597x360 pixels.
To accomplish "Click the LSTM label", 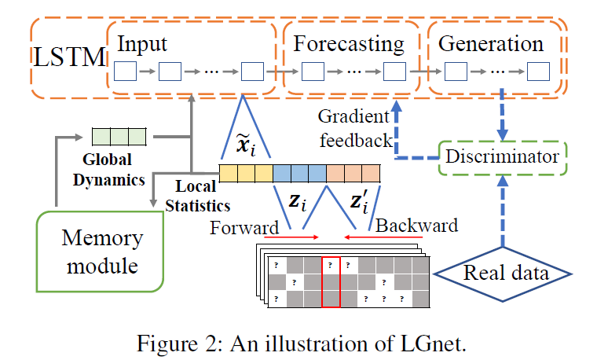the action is (x=69, y=57).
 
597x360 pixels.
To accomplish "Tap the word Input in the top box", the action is (x=142, y=44).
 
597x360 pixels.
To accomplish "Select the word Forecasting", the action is (x=348, y=45).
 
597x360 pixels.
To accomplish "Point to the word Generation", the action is (x=491, y=43).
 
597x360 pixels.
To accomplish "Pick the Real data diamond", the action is (x=503, y=274).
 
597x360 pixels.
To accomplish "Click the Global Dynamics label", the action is (x=108, y=170).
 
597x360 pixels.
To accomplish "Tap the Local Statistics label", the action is (x=198, y=196).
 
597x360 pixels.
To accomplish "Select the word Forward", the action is (x=244, y=228).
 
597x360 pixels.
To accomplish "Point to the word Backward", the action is (x=416, y=226).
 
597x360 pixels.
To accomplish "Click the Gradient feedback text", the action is (x=355, y=128).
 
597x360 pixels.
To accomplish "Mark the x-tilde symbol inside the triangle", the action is (x=246, y=145).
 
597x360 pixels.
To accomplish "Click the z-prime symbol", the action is (x=360, y=202).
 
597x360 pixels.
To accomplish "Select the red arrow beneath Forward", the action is (x=291, y=237).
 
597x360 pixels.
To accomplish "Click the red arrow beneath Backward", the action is (x=383, y=237).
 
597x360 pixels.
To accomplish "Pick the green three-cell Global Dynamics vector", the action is (x=119, y=137).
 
